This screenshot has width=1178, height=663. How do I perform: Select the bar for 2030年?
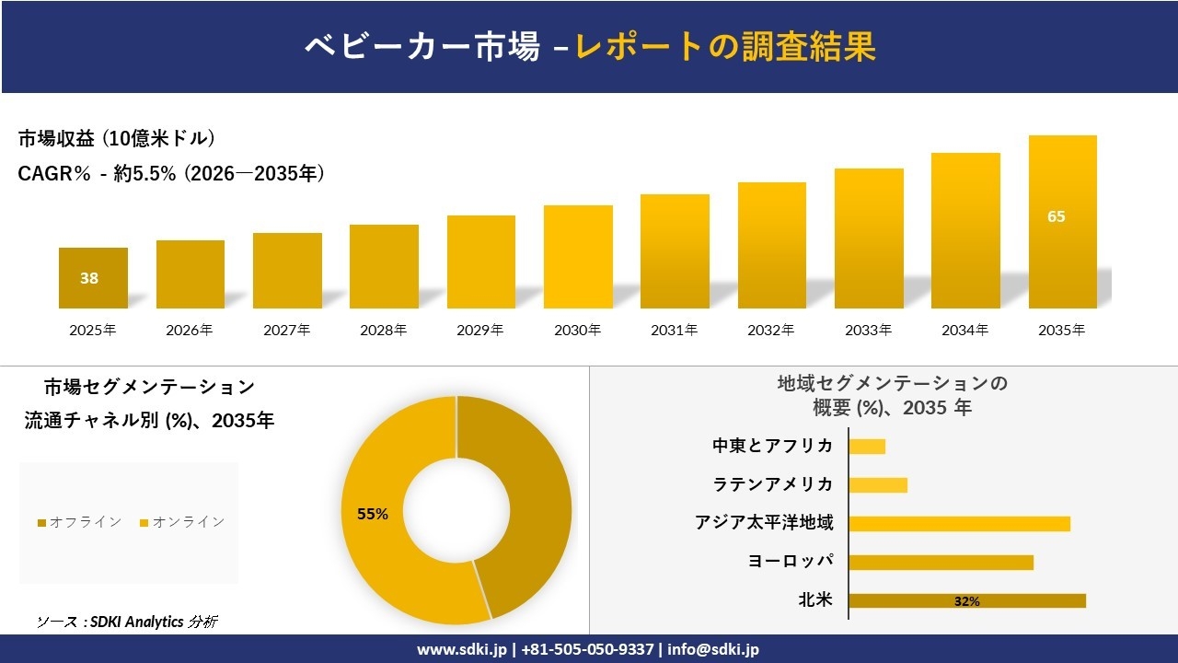coord(578,257)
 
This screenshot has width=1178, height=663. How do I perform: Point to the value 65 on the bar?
coord(1056,217)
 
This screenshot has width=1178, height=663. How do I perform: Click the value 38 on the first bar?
coord(89,278)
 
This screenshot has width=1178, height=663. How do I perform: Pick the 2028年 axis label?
coord(383,330)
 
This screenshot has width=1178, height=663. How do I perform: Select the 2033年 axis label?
coord(869,330)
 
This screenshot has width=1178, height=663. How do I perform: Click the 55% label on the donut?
coord(373,514)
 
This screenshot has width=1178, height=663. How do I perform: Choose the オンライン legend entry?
coord(182,522)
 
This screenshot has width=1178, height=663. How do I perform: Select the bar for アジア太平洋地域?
coord(959,523)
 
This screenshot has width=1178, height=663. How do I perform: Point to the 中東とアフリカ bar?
coord(867,446)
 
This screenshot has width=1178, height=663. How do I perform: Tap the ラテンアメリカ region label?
coord(773,484)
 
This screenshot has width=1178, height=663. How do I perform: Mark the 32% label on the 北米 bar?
coord(966,601)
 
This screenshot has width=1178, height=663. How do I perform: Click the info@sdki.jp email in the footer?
coord(714,649)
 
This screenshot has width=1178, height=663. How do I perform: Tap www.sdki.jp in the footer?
coord(461,649)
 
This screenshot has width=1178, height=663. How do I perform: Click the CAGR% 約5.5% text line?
coord(171,174)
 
